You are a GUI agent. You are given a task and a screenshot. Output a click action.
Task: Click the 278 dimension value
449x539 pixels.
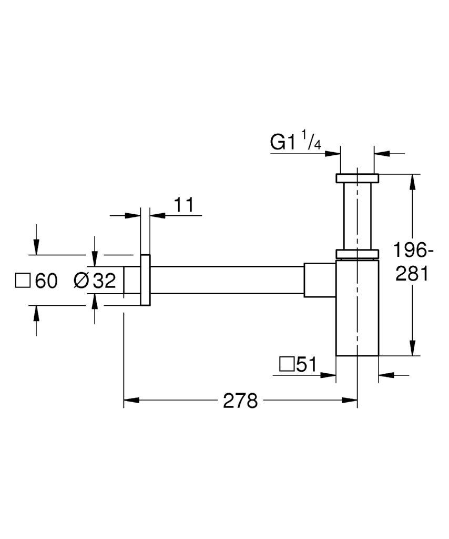[x=240, y=401]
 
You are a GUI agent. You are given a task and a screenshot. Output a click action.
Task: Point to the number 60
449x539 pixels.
[x=46, y=281]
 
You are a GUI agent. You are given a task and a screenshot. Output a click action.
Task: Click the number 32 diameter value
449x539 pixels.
[x=105, y=281]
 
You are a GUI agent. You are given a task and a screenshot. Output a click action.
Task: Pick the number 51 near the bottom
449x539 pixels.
[x=307, y=364]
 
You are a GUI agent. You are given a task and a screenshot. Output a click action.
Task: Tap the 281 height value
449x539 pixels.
[x=412, y=274]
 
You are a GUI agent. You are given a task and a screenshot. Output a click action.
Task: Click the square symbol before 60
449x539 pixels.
[x=23, y=281]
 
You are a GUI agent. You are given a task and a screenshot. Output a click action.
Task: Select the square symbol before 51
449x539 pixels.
[x=287, y=364]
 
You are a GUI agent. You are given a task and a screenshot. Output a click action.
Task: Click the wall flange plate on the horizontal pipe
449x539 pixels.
[x=145, y=280]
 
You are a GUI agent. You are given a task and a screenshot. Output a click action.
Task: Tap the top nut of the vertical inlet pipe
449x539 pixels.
[x=358, y=178]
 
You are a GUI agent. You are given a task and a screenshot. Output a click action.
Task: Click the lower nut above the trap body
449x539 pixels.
[x=358, y=254]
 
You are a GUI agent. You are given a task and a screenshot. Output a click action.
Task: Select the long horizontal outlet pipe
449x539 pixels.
[x=227, y=280]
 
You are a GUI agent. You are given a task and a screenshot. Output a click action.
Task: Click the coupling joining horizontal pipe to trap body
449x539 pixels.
[x=320, y=280]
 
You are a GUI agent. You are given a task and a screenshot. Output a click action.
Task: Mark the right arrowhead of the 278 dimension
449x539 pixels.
[x=350, y=400]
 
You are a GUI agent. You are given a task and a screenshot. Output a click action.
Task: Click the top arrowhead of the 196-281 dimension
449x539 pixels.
[x=413, y=182]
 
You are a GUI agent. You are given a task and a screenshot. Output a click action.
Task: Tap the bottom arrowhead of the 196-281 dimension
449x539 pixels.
[x=413, y=347]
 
